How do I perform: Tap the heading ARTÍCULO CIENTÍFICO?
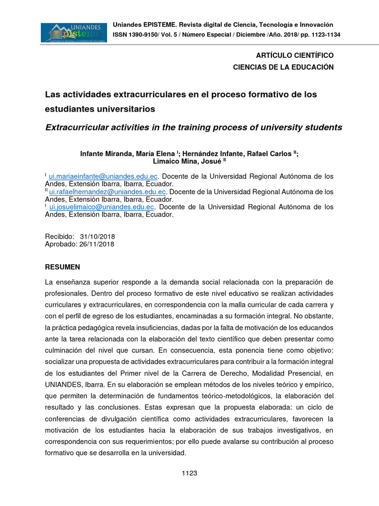[294, 55]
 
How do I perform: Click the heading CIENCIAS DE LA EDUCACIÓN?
[283, 67]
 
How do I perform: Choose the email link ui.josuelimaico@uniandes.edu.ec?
[102, 207]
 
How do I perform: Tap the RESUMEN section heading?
[63, 267]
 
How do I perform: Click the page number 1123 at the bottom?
[189, 473]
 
